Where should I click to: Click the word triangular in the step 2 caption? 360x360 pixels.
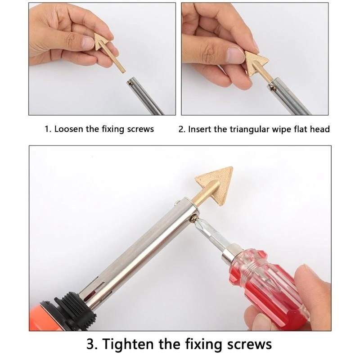point(249,130)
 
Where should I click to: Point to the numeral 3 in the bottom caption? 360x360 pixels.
point(91,344)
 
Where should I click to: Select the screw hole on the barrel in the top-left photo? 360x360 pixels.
point(131,82)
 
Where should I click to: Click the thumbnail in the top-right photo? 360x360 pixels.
point(234,56)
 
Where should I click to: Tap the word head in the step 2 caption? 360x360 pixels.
point(320,130)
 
